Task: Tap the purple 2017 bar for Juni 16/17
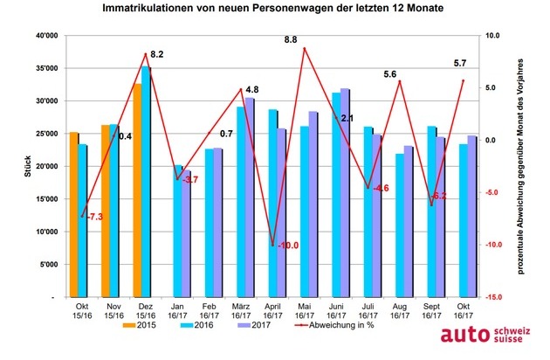pos(345,192)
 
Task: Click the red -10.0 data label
pos(288,246)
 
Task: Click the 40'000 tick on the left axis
pos(43,35)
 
